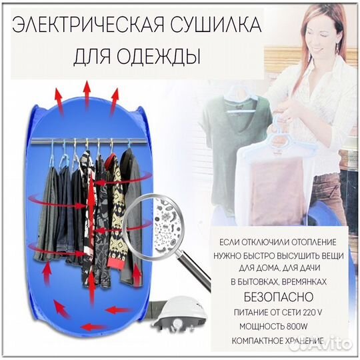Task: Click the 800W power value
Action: tap(295, 325)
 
